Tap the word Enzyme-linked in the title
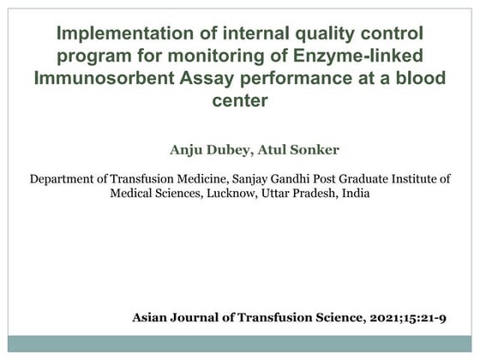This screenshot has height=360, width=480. point(378,57)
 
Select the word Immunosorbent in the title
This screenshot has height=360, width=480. point(95,79)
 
